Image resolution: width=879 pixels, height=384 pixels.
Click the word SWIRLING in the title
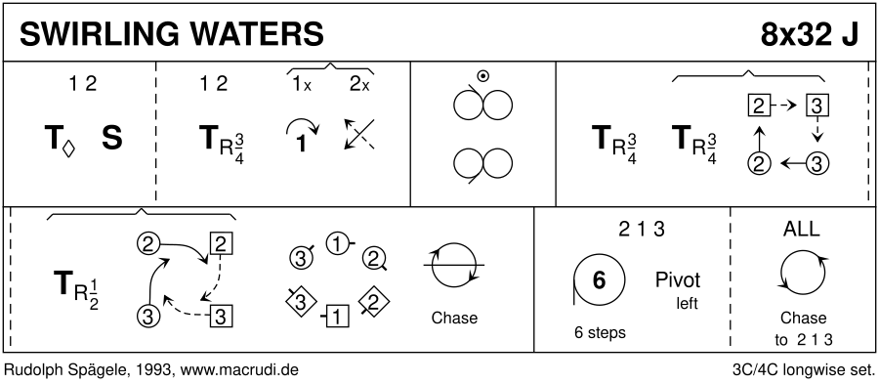tap(99, 35)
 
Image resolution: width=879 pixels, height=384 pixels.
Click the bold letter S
tap(112, 138)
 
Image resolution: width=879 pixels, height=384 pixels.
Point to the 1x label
tap(301, 85)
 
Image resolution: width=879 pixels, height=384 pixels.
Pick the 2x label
tap(359, 85)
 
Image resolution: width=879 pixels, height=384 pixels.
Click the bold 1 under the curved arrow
tap(301, 144)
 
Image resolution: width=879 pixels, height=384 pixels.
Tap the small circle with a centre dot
tap(481, 76)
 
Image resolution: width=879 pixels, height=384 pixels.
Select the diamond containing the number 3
tap(300, 303)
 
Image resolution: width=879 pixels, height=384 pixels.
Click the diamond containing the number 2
tap(374, 302)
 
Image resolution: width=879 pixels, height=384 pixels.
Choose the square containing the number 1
tap(336, 318)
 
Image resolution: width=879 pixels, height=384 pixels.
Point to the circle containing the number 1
tap(338, 243)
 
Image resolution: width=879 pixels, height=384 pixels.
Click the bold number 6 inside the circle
tap(599, 279)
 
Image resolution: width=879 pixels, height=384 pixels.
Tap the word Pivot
tap(678, 279)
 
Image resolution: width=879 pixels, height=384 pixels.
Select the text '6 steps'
tap(600, 332)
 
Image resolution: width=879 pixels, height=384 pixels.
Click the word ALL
tap(801, 229)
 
